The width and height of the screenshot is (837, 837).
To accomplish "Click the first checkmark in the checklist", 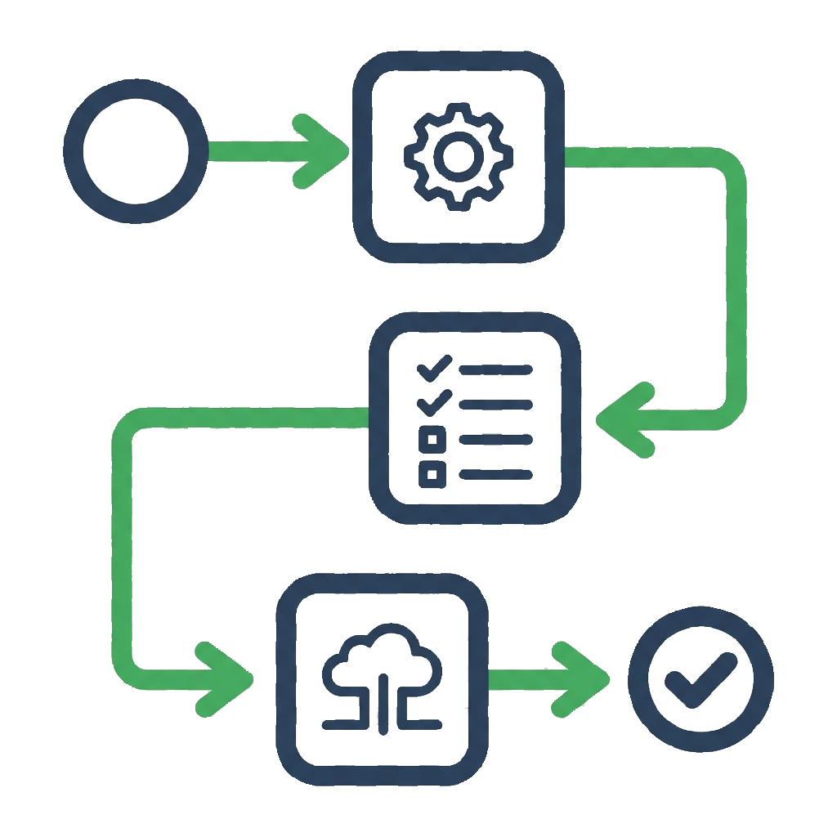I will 434,368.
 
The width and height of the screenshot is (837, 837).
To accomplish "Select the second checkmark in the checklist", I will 434,401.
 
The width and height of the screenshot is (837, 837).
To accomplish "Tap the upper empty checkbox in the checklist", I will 432,439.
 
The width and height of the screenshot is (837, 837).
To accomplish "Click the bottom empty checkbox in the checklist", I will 432,472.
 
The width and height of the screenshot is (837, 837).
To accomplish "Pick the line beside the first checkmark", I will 495,369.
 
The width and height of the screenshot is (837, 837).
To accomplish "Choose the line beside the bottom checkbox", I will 495,473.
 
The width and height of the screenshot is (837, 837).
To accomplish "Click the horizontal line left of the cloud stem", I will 347,724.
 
